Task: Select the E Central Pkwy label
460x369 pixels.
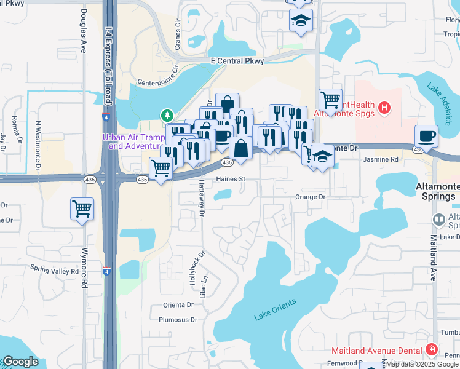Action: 237,61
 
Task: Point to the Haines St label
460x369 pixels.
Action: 230,180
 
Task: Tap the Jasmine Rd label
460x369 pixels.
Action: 381,159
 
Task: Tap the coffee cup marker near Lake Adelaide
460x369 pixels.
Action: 426,136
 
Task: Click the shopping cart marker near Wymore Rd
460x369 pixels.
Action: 82,210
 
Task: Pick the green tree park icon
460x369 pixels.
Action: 166,115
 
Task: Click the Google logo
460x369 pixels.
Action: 20,362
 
